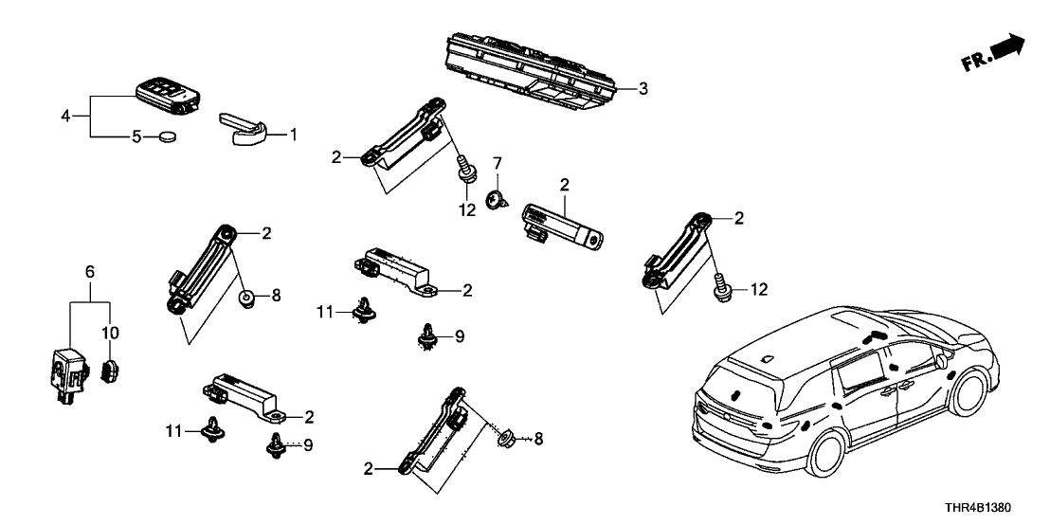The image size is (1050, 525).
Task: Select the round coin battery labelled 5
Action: pyautogui.click(x=170, y=137)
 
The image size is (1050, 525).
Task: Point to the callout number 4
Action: pyautogui.click(x=64, y=117)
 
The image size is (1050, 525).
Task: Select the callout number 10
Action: pyautogui.click(x=109, y=332)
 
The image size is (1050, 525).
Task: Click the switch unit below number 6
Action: pyautogui.click(x=65, y=374)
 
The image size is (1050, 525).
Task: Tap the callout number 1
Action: pyautogui.click(x=293, y=136)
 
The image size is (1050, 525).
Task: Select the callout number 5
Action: pyautogui.click(x=136, y=137)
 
